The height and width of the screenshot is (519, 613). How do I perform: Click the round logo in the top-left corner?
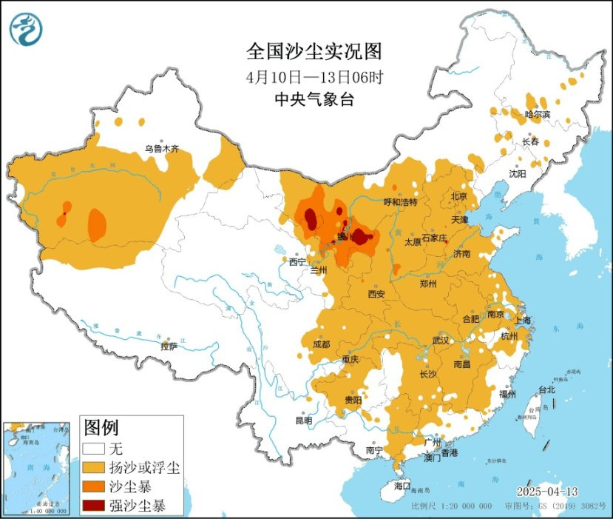tap(27, 29)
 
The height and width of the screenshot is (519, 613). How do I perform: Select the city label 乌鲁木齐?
tap(161, 148)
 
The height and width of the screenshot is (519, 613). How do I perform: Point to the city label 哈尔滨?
tap(538, 114)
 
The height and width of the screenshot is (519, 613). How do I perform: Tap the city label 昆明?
tap(303, 421)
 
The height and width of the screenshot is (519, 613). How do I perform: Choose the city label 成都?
tap(321, 344)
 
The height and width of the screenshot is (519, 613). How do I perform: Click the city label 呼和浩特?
tap(400, 201)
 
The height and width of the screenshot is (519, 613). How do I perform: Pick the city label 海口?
tap(402, 486)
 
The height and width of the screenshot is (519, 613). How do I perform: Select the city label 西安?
tap(376, 294)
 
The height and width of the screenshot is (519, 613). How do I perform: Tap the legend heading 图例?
tap(101, 427)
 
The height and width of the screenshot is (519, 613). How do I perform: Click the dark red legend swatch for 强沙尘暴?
tap(93, 506)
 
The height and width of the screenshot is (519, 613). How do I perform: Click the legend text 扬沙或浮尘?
tap(143, 468)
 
